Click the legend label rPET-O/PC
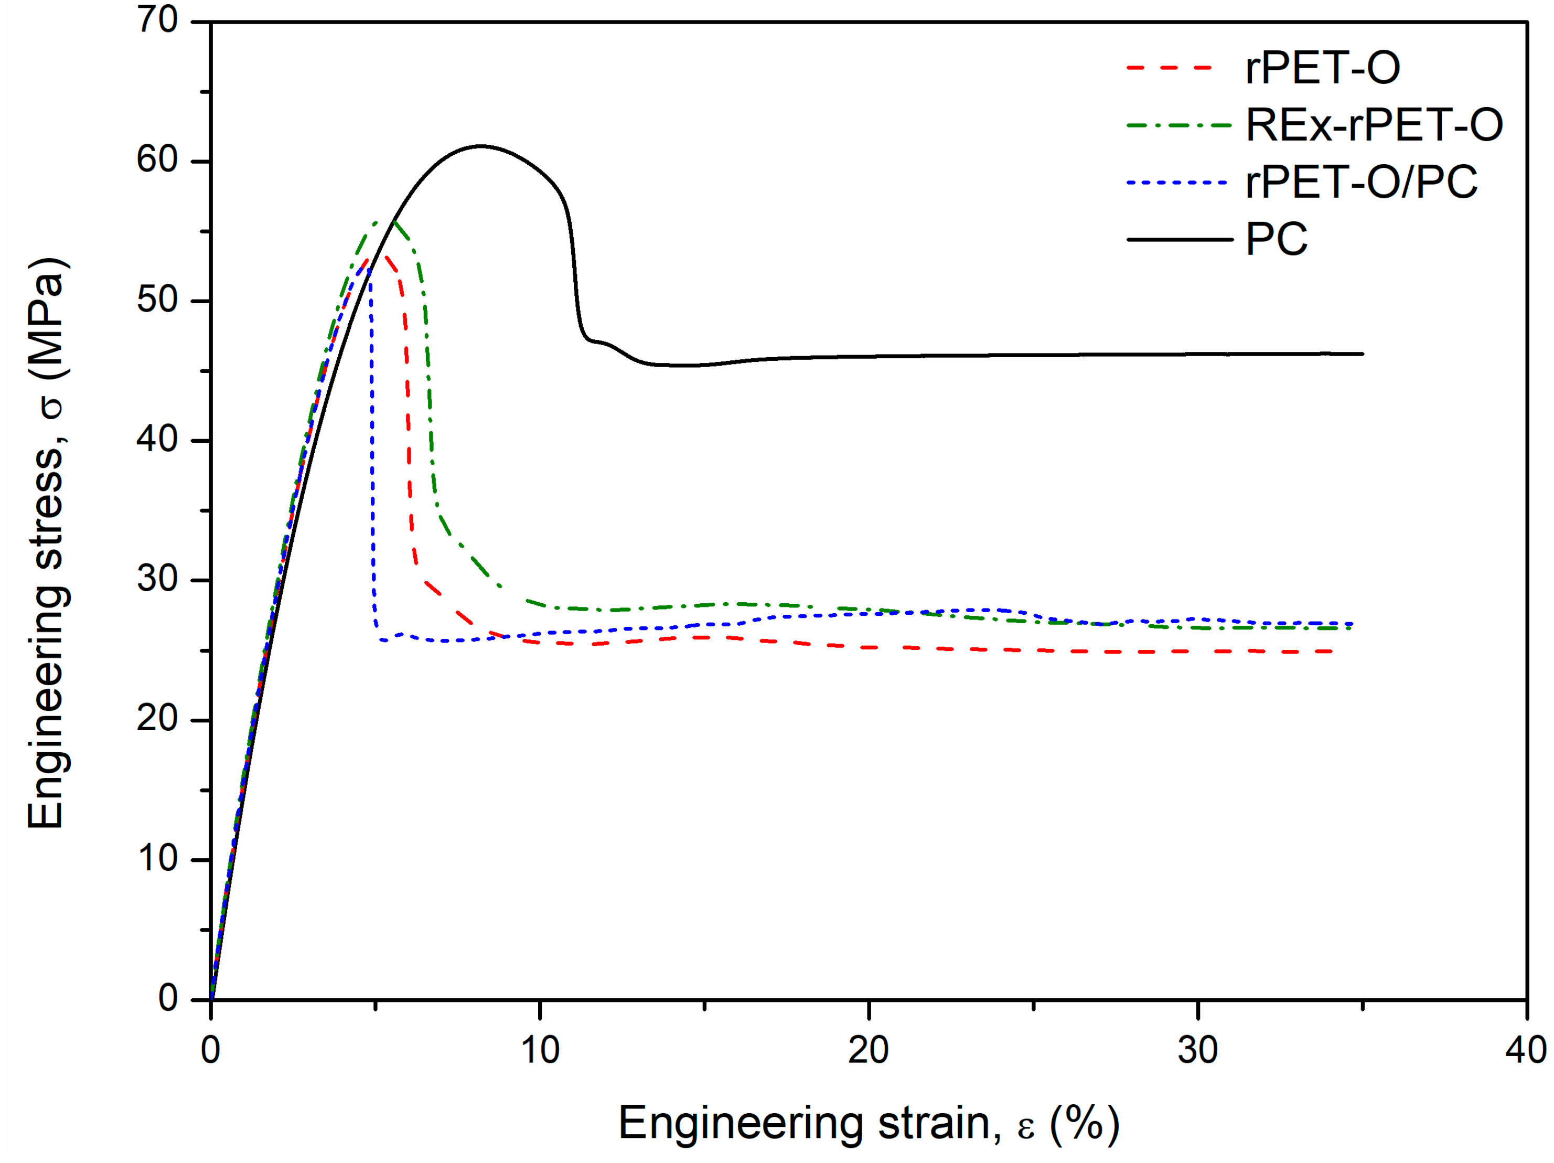(1361, 182)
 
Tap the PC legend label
(1276, 240)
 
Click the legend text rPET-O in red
(1322, 68)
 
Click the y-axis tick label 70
(157, 20)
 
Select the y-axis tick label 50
(157, 300)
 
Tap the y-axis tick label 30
(157, 579)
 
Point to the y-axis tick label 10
(157, 858)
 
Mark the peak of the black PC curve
(480, 146)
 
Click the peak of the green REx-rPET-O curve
(394, 222)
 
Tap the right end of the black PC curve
(1362, 354)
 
